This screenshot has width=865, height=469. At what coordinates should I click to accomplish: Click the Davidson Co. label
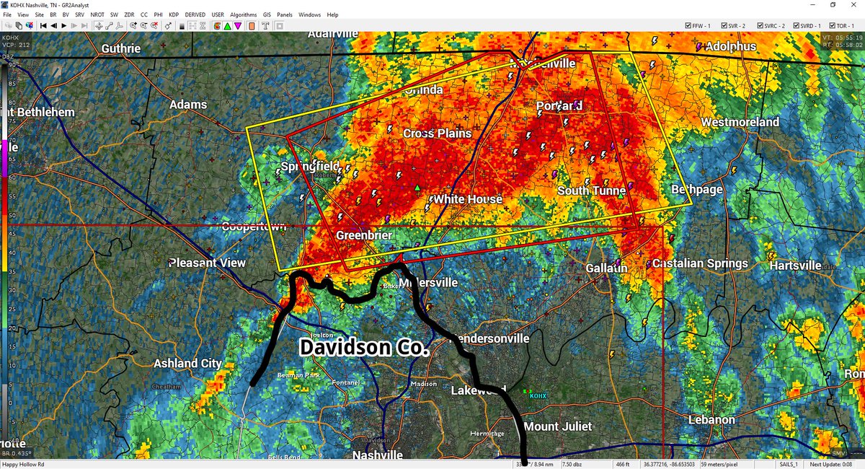coord(364,348)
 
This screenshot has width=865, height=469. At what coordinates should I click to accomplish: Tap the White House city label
coord(466,199)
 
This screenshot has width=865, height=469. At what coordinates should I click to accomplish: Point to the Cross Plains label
coord(437,133)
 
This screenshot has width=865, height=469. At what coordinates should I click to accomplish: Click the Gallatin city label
coord(606,268)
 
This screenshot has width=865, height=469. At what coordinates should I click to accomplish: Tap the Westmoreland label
coord(740,123)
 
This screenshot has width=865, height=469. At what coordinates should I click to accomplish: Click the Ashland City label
coord(187,364)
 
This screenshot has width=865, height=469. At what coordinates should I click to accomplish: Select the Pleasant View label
coord(207,263)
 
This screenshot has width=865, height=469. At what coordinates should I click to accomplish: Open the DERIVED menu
coord(195,14)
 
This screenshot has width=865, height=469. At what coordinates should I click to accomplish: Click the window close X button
coord(853,4)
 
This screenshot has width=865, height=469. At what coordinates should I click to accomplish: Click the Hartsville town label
coord(795,266)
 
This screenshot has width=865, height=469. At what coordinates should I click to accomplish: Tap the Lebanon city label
coord(711,420)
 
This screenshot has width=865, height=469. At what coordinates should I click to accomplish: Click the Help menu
coord(332,14)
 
